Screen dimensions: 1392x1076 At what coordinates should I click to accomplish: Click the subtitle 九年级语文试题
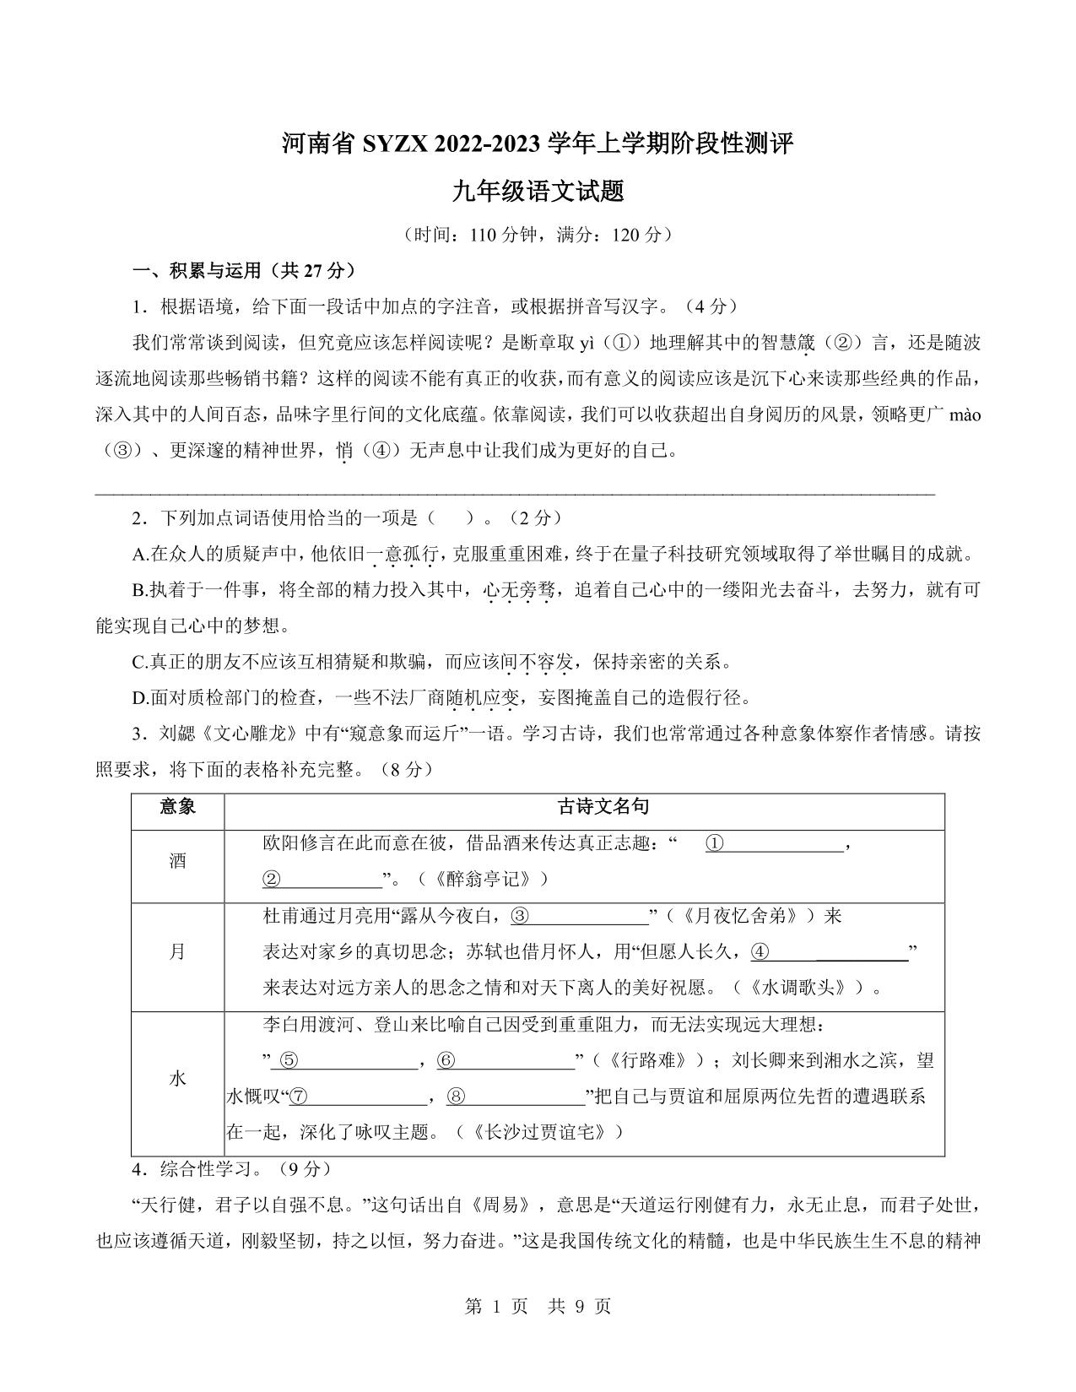[538, 192]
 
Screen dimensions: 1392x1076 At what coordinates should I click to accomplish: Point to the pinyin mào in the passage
[965, 414]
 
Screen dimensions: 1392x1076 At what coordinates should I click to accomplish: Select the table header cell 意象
[177, 807]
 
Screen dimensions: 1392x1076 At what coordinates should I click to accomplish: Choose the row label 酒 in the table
[177, 861]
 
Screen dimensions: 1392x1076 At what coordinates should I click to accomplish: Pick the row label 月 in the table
[177, 951]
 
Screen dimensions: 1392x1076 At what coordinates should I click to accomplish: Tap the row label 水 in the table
[177, 1078]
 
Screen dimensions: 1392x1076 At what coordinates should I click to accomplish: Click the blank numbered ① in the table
[775, 843]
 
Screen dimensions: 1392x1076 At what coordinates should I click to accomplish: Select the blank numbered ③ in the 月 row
[579, 916]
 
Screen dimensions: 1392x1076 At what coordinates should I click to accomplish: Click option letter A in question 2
[139, 555]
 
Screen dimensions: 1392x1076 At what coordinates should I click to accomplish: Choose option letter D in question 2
[140, 698]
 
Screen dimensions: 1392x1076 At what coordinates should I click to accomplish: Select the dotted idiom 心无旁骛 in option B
[517, 590]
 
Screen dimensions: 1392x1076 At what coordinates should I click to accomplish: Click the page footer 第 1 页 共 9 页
[538, 1306]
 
